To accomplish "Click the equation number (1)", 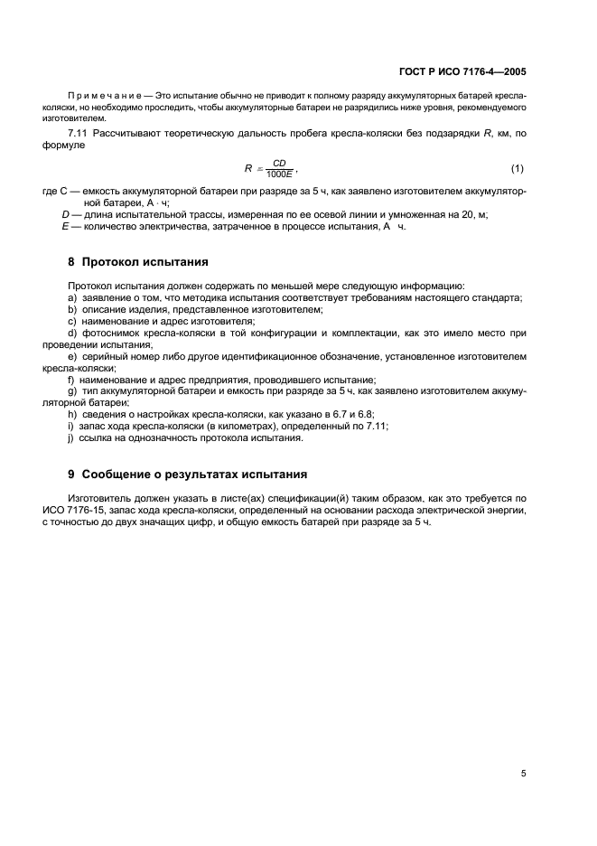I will click(518, 169).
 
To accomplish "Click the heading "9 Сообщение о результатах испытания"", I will click(187, 474).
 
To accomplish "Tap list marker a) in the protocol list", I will click(72, 297).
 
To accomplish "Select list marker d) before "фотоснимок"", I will click(72, 333).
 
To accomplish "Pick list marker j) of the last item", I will click(71, 438).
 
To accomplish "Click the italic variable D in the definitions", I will click(65, 214).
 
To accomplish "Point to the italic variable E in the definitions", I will click(65, 226).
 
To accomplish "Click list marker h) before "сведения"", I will click(72, 415).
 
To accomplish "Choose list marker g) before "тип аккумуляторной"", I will click(72, 391).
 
